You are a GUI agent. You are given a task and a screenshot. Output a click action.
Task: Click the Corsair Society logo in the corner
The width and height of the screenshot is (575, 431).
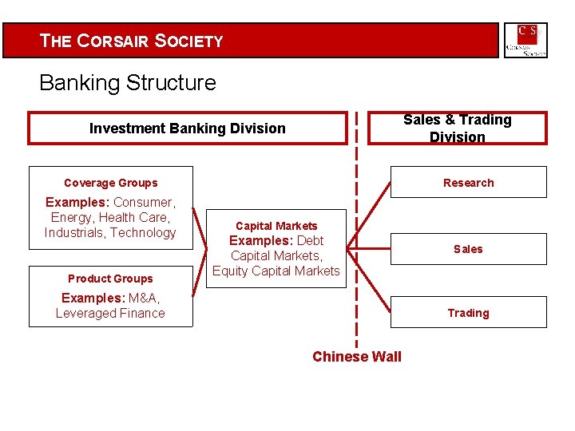point(525,40)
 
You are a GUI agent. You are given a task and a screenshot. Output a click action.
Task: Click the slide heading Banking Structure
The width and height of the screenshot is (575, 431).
point(128,83)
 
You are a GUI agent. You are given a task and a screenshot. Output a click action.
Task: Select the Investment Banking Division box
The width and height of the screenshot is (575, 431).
point(187,129)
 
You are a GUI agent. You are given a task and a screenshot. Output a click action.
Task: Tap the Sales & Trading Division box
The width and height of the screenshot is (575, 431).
point(457,128)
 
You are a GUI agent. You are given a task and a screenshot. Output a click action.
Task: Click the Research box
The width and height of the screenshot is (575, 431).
point(469,183)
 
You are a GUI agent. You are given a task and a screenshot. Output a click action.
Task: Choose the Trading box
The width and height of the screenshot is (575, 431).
point(469,313)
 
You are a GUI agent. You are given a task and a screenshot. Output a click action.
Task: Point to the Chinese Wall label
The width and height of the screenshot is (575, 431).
point(357,357)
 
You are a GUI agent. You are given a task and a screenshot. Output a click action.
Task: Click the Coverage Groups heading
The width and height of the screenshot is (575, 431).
point(111,183)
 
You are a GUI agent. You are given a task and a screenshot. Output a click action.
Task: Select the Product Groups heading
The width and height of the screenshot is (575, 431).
point(110,279)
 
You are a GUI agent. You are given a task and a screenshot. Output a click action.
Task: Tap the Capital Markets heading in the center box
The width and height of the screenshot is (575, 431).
point(276,226)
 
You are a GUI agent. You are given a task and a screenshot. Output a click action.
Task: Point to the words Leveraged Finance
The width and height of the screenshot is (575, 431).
point(110,314)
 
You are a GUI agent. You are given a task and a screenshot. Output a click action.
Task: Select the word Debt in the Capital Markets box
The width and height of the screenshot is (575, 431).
point(310,241)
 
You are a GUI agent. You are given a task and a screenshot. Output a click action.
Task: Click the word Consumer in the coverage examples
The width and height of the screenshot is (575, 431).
point(143,203)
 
